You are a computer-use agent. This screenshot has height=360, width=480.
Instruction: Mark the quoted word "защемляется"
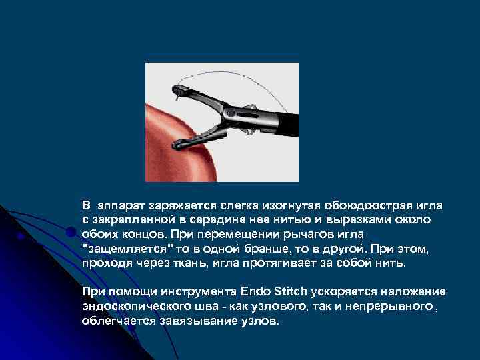pyautogui.click(x=127, y=249)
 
